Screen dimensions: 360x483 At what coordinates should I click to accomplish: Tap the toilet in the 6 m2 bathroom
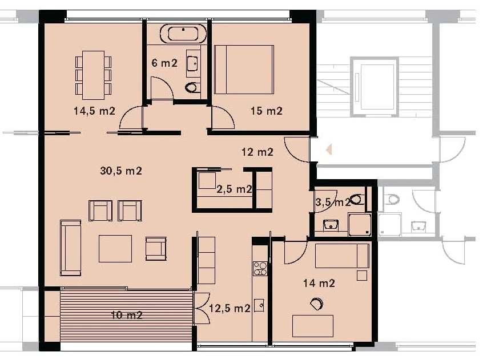coord(192,88)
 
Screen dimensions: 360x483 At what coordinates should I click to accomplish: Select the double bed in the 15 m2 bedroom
coord(244,69)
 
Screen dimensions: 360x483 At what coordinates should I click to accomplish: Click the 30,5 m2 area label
coord(121,171)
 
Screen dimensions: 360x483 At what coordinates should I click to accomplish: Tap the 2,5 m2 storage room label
coord(234,189)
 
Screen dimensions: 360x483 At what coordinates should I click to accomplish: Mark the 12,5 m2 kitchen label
coord(230,308)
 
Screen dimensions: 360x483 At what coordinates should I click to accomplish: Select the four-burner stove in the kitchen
coord(260,268)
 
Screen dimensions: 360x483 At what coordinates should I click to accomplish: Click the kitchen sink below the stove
coord(260,305)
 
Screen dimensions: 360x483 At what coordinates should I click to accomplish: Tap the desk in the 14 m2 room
coord(313,326)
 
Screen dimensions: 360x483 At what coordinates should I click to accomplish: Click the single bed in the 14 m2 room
coord(341,256)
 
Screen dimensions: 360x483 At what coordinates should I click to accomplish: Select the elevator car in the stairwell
coord(375,85)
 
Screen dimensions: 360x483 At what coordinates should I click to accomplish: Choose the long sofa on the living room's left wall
coord(70,248)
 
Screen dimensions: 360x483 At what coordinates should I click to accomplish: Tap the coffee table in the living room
coord(115,248)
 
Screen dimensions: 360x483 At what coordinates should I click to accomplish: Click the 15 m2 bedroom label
coord(266,111)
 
